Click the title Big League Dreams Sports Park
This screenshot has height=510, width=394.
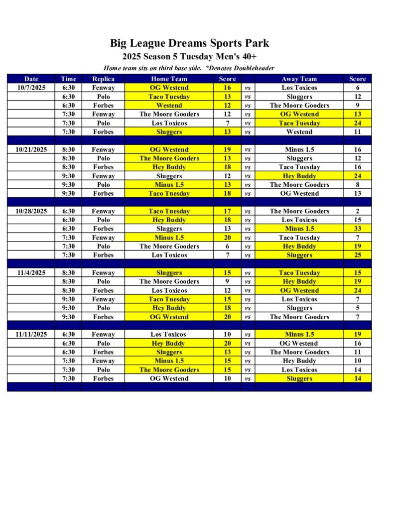pos(189,43)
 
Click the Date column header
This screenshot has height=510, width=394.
pos(31,79)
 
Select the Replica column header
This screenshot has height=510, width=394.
pos(103,79)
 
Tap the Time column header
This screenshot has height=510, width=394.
pos(68,79)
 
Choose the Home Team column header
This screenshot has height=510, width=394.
pos(169,79)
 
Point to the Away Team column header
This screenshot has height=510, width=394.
pos(299,79)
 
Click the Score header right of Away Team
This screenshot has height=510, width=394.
pos(357,79)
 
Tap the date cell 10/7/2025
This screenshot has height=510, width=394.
pos(31,88)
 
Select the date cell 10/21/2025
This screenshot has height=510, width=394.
pos(31,149)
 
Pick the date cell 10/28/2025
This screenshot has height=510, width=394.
pos(31,211)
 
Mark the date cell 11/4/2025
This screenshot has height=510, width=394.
pos(31,273)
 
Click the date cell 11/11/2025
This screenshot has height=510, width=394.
pos(31,334)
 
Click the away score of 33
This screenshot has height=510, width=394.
pos(357,229)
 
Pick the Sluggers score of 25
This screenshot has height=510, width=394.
pos(357,255)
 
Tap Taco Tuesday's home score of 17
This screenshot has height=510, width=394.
pos(227,211)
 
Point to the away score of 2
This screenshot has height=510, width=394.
pos(357,211)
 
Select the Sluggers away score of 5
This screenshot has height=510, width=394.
pos(357,308)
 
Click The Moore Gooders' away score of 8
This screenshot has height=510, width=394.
pos(357,185)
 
